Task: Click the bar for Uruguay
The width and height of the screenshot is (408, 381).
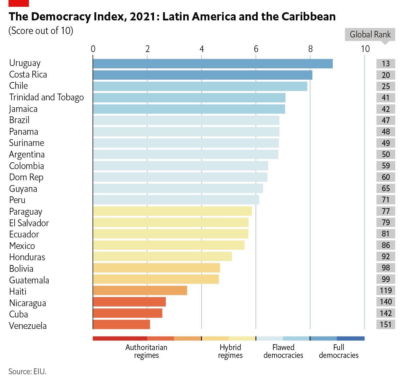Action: pyautogui.click(x=213, y=64)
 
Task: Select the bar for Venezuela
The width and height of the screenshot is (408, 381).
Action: pyautogui.click(x=121, y=325)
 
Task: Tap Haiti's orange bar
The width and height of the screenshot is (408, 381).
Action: pyautogui.click(x=140, y=291)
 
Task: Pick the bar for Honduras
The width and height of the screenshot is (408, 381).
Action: pyautogui.click(x=162, y=256)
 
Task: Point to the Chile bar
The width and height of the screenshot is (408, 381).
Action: pyautogui.click(x=200, y=86)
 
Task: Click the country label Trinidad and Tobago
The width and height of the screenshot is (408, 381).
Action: pyautogui.click(x=47, y=97)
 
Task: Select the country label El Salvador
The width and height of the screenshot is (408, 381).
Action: pyautogui.click(x=29, y=223)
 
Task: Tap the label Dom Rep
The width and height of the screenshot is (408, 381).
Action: pyautogui.click(x=26, y=177)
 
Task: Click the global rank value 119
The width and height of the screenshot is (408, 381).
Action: pyautogui.click(x=386, y=291)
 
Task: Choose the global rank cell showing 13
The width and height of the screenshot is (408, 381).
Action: pyautogui.click(x=386, y=64)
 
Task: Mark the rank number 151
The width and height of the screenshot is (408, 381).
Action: pyautogui.click(x=386, y=325)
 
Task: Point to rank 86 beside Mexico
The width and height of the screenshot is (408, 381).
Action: pyautogui.click(x=386, y=245)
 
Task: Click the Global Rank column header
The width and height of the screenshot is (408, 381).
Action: pyautogui.click(x=370, y=34)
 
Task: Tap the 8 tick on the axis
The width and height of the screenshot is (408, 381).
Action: pyautogui.click(x=310, y=49)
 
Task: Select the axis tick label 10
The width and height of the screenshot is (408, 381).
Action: pyautogui.click(x=365, y=49)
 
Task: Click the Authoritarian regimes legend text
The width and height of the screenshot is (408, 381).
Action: pyautogui.click(x=146, y=351)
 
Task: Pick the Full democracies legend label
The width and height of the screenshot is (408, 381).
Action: pyautogui.click(x=339, y=351)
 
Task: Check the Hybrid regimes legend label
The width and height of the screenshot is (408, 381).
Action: pyautogui.click(x=230, y=351)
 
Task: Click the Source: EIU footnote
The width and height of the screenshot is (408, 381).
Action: pyautogui.click(x=27, y=371)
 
